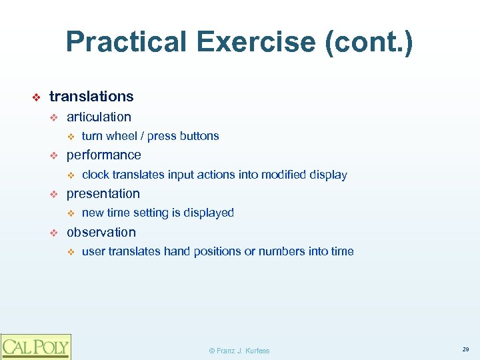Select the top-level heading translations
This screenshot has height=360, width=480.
91,97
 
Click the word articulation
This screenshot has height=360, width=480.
99,117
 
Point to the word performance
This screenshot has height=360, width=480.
103,155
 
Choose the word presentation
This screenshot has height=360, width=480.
103,194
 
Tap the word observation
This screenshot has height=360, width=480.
101,233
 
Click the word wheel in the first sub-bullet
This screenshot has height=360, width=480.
121,136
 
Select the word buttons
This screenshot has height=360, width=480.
199,136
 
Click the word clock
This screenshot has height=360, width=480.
95,175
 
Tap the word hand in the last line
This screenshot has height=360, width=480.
177,252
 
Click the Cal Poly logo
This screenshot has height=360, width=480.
35,347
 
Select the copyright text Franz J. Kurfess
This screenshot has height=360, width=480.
239,351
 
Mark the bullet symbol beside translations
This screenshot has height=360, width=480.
37,97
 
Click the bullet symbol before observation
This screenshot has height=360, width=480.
55,233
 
